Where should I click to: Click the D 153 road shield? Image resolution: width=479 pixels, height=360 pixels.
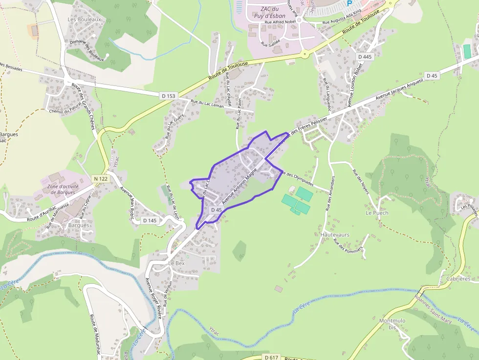tap(167, 96)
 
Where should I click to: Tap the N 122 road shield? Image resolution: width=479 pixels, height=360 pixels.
tap(100, 179)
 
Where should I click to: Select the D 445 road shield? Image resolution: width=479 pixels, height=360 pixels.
tap(365, 57)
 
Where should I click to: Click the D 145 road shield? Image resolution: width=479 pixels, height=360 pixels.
tap(150, 221)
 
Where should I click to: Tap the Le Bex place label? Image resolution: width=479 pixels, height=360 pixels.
tap(176, 263)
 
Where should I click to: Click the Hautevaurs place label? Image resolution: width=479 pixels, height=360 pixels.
tap(335, 234)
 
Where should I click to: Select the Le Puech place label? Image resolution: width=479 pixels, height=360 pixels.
tap(377, 213)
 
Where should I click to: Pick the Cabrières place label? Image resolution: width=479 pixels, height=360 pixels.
tap(458, 279)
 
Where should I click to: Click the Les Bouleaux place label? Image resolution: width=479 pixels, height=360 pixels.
tap(84, 20)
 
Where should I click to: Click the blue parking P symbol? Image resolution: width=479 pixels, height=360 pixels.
tap(349, 3)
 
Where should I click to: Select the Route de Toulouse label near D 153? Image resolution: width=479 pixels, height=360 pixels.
tap(228, 71)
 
